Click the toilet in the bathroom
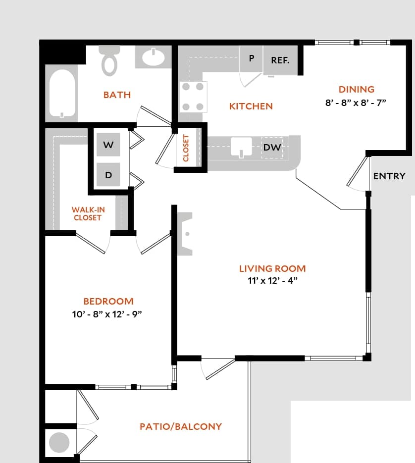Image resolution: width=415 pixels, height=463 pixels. [x=110, y=61]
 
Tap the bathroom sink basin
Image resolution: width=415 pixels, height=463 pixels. [x=154, y=57]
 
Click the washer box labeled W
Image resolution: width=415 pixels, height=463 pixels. [x=108, y=145]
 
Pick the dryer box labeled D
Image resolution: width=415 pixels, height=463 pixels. [x=108, y=175]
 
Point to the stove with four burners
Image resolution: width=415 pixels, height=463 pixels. [x=193, y=97]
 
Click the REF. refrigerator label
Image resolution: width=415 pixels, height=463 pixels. [x=280, y=60]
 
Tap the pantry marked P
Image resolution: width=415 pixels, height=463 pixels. [x=252, y=58]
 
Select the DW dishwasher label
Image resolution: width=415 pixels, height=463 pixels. [x=272, y=148]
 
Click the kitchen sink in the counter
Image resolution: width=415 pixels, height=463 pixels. [x=242, y=147]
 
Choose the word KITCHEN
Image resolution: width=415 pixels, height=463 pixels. [x=251, y=106]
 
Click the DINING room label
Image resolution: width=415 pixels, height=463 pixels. [x=356, y=90]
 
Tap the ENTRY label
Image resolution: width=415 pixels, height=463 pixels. [x=389, y=176]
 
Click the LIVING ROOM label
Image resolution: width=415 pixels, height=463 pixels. [x=272, y=269]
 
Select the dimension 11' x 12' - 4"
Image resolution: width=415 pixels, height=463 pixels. [x=272, y=281]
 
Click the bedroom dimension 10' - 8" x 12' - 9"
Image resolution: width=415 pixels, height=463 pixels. [x=108, y=314]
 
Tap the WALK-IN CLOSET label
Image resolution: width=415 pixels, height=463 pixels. [x=87, y=214]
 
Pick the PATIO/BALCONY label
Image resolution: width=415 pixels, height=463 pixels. [x=180, y=426]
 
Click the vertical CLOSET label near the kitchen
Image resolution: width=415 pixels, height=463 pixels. [x=186, y=148]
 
